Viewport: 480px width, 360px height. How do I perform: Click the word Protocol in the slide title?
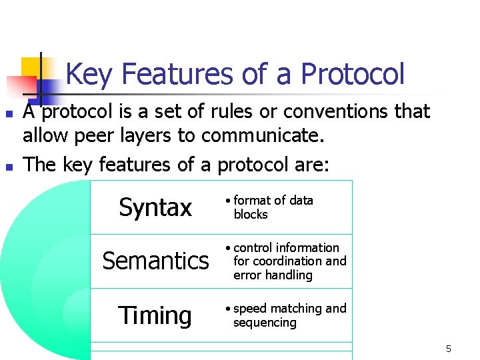[353, 75]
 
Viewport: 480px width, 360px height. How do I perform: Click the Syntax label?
[155, 207]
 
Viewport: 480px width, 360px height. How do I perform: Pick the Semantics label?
[155, 261]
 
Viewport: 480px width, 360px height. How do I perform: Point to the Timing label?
[155, 315]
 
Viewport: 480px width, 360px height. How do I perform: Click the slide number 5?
[448, 349]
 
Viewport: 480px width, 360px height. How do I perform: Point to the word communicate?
[263, 136]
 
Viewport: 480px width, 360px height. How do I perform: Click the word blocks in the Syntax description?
[250, 215]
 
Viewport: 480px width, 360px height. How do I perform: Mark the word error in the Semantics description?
[247, 275]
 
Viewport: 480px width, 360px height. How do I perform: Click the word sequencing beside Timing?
[265, 323]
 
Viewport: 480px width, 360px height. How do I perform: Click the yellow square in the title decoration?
[31, 67]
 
